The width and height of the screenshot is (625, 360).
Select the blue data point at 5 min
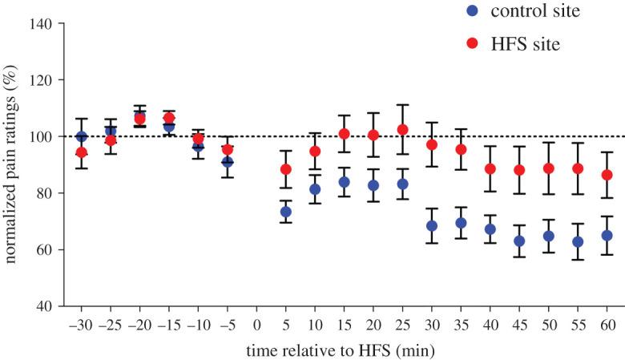pos(286,212)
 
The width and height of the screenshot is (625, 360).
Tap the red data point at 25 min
pos(403,130)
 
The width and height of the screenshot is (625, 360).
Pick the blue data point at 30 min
pos(432,226)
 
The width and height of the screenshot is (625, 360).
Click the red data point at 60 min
pos(607,175)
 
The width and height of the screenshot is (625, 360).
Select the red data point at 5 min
pos(286,169)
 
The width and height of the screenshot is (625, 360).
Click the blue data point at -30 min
pos(81,137)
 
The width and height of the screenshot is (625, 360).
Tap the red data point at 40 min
pos(490,169)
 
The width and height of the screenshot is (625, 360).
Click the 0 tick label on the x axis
pos(256,326)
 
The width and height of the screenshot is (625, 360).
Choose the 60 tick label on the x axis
pos(607,326)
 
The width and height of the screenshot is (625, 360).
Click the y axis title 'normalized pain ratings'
pos(12,164)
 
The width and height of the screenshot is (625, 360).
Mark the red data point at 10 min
pos(315,152)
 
